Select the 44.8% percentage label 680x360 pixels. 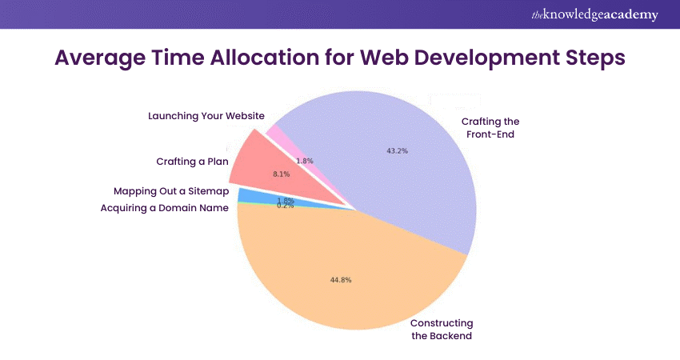pyautogui.click(x=341, y=280)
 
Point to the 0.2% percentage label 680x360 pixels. pyautogui.click(x=285, y=206)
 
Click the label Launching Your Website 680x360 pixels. pyautogui.click(x=206, y=116)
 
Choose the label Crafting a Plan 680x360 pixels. pyautogui.click(x=192, y=162)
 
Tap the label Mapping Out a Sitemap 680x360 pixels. pyautogui.click(x=171, y=192)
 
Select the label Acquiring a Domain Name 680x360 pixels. pyautogui.click(x=164, y=208)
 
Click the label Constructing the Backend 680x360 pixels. pyautogui.click(x=442, y=330)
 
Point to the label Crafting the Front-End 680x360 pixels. pyautogui.click(x=490, y=128)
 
